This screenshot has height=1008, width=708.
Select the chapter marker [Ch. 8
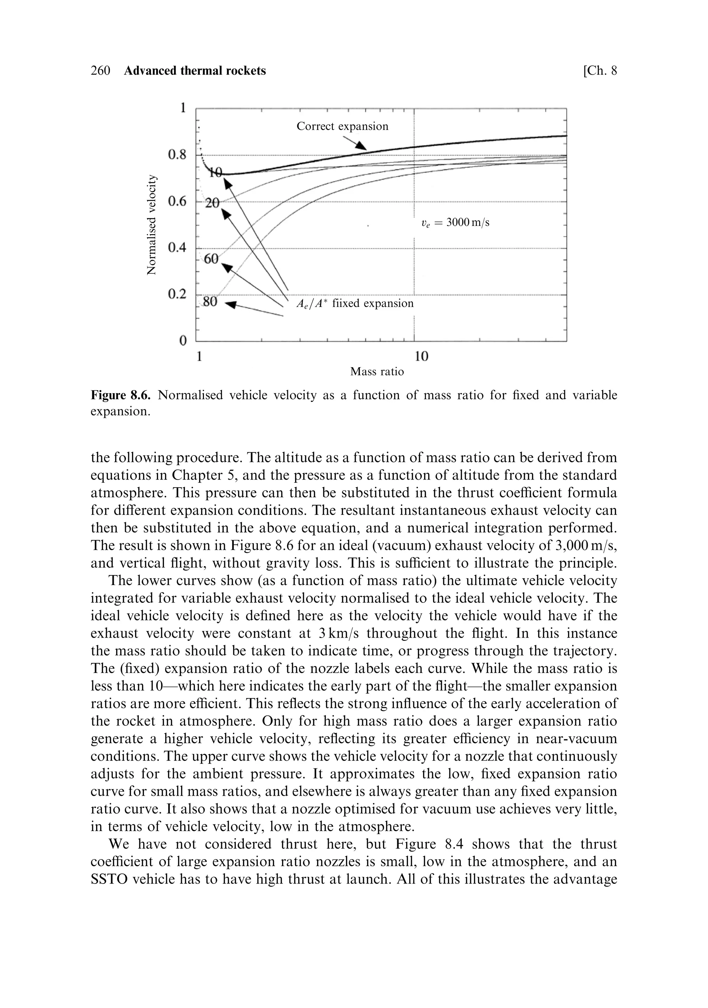599,71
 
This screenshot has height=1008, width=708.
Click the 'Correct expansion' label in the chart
342,127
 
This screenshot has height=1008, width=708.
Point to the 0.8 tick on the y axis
177,155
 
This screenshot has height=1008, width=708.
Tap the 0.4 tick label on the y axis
177,248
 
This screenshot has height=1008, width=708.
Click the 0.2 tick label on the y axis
177,294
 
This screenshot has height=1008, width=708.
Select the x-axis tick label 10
421,356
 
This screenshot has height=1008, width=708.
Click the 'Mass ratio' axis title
376,372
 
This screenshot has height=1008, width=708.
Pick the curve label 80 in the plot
210,302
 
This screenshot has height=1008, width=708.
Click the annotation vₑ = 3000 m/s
455,223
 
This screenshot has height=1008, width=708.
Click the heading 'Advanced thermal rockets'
195,71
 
